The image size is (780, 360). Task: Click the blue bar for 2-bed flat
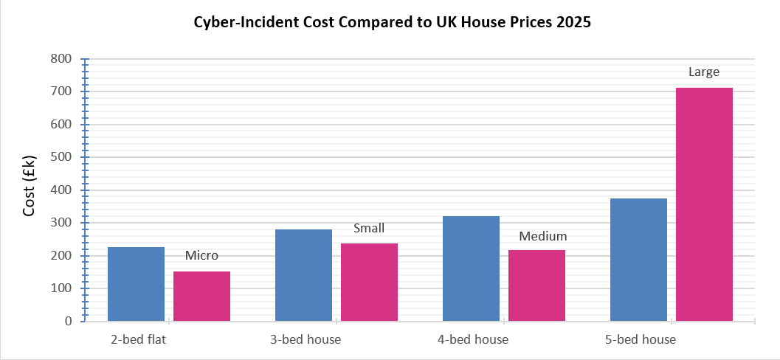point(136,284)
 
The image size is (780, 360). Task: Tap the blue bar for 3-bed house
point(303,275)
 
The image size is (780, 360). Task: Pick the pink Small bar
point(369,283)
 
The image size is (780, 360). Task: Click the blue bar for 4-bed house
point(471,269)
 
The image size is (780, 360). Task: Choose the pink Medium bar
point(536,285)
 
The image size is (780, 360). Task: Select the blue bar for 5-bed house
point(638,260)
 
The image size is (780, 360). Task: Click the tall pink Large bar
point(704,204)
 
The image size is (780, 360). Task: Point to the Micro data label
point(201,256)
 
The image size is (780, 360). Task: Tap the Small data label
point(369,228)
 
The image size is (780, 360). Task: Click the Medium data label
point(542,237)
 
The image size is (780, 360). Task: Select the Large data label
point(704,72)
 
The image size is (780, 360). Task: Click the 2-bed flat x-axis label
point(136,340)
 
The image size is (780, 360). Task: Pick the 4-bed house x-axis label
point(471,340)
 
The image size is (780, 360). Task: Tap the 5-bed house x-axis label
point(638,340)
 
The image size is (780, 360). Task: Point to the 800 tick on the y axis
point(62,59)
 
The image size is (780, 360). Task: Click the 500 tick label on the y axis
point(62,157)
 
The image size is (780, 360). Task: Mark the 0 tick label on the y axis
point(68,322)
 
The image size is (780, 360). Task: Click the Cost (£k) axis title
point(30,190)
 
